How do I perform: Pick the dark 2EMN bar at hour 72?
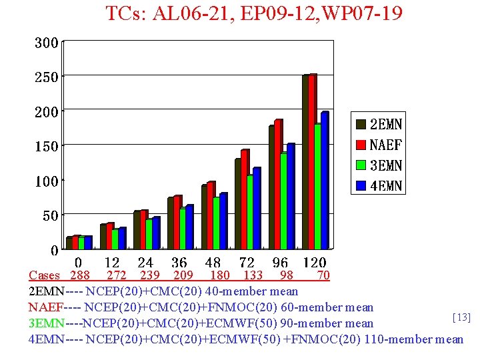238,203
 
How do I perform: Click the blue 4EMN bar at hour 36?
189,227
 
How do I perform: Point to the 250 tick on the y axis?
47,77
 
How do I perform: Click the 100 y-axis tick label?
47,181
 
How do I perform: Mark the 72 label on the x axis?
247,263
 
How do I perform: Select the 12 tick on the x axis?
112,263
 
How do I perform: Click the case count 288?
79,275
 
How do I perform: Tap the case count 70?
323,275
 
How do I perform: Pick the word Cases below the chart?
44,275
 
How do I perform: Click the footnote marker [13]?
461,317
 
